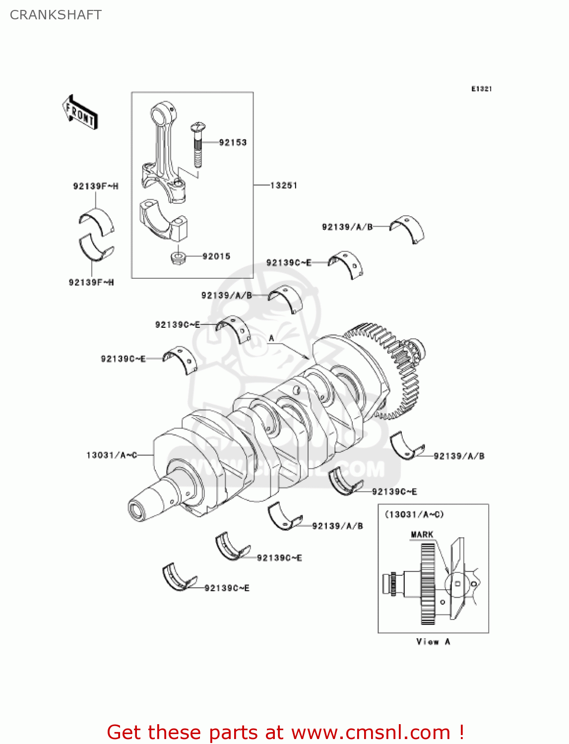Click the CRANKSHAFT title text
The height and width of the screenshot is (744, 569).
(x=56, y=15)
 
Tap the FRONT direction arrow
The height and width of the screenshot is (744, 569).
(x=79, y=113)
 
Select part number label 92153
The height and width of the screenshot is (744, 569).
(x=233, y=142)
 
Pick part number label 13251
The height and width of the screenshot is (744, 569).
(x=284, y=186)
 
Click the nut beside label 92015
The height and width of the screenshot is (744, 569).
(x=178, y=257)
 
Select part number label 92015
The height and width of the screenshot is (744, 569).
(x=216, y=256)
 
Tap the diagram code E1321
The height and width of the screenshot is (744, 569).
(x=481, y=89)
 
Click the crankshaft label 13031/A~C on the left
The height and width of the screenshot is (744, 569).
(x=112, y=455)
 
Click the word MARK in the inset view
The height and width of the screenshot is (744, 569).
(x=422, y=534)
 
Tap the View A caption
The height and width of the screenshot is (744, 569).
(x=433, y=642)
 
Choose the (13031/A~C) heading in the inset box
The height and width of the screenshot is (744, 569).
(x=414, y=514)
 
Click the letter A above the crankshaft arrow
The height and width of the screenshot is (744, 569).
(x=271, y=338)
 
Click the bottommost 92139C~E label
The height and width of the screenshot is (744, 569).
(x=227, y=588)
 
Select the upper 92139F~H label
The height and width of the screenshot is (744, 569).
(x=96, y=186)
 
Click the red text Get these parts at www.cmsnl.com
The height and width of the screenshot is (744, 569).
(x=285, y=732)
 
